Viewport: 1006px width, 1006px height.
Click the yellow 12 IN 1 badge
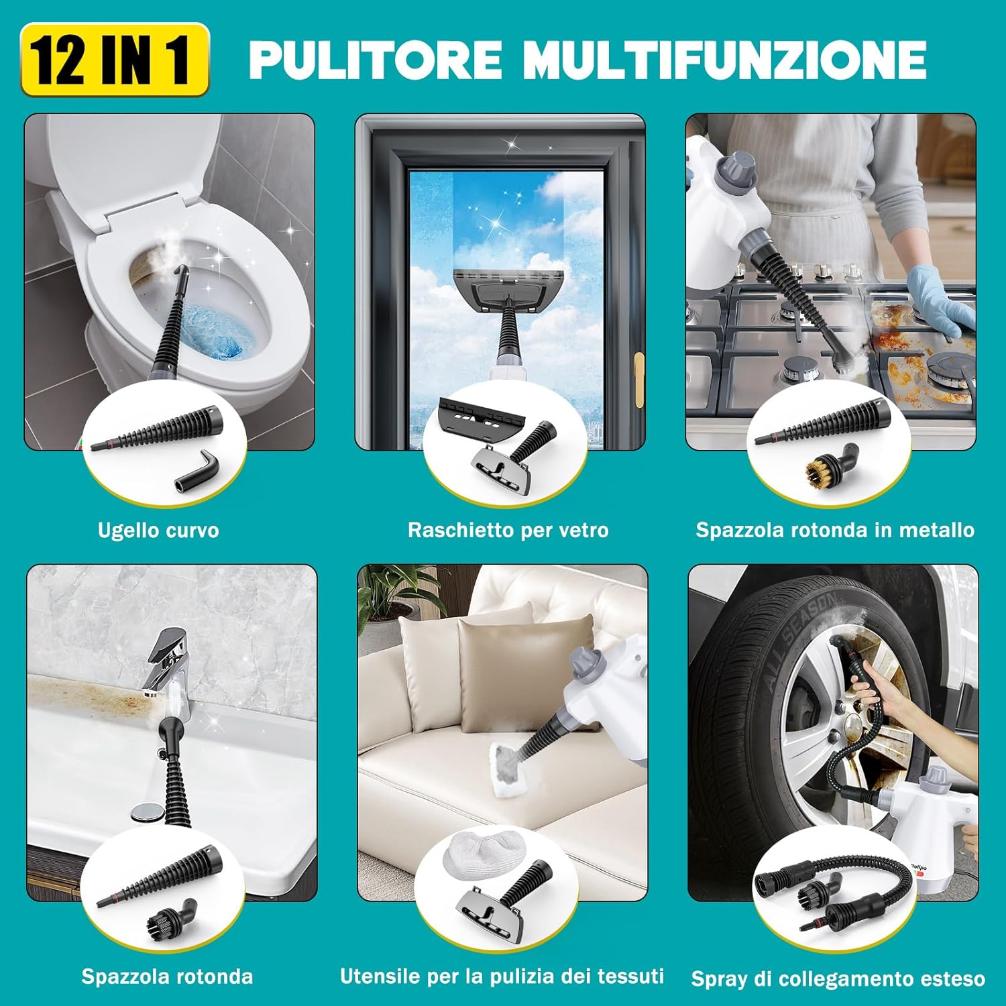[115, 60]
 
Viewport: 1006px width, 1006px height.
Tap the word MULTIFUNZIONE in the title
[724, 60]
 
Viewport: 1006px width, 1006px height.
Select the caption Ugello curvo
[158, 530]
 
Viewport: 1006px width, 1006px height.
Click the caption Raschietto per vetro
[508, 530]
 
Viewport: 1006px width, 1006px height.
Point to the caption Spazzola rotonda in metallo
[834, 530]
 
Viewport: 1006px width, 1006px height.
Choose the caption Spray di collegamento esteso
[838, 979]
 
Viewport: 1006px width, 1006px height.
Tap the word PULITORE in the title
[376, 60]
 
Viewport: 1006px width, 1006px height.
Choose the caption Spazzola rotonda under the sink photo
[167, 976]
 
